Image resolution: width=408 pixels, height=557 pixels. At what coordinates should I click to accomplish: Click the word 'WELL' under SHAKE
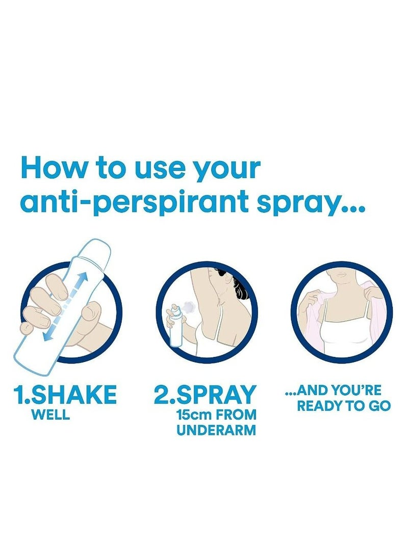(50, 415)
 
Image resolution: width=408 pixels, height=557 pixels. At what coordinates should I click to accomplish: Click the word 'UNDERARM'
(216, 430)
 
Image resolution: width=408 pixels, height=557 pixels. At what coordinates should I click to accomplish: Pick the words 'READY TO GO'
(344, 406)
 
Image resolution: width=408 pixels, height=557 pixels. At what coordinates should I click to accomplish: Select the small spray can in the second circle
(175, 327)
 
